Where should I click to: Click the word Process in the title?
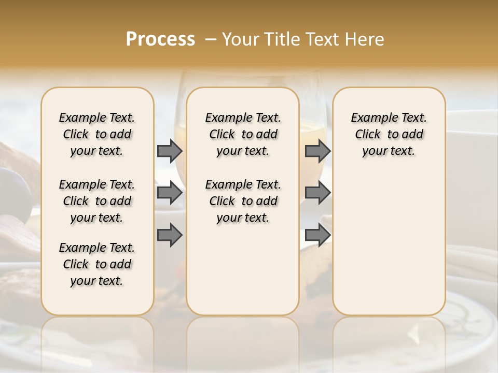pos(160,39)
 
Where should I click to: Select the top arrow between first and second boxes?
pos(170,151)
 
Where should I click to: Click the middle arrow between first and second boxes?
pos(170,193)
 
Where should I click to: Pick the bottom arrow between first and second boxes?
pos(170,236)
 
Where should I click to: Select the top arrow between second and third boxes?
pos(317,151)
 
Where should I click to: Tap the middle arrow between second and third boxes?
pos(317,193)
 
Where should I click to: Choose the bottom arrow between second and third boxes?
pos(317,236)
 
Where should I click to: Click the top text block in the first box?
pos(97,134)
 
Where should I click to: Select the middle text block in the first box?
pos(97,201)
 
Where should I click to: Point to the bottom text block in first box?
pos(97,264)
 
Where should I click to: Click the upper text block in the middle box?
pos(243,134)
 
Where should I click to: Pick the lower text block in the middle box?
pos(243,201)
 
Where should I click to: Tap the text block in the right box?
pos(389,134)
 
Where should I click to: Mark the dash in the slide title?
pos(211,39)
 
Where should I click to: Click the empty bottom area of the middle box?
pos(243,275)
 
